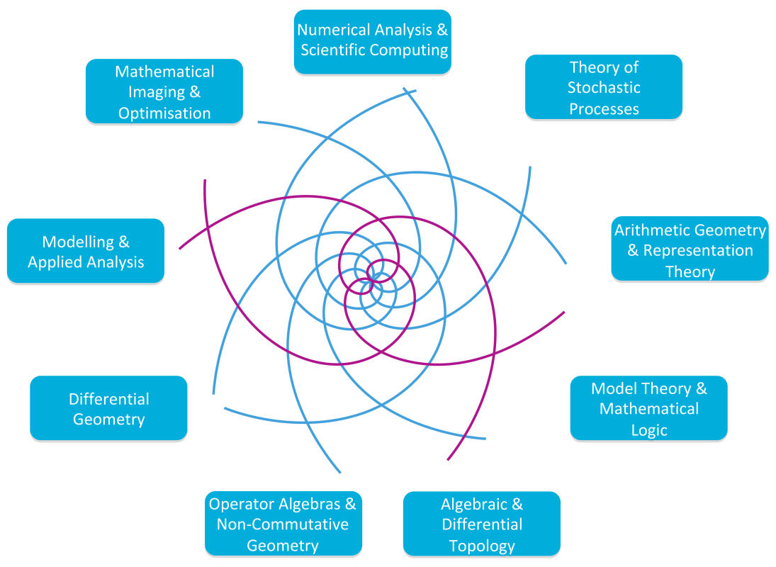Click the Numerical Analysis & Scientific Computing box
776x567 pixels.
point(373,41)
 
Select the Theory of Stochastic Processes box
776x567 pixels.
point(604,87)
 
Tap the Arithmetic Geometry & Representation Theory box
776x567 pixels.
point(690,249)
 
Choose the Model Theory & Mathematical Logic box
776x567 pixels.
point(648,408)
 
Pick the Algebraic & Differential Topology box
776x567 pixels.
point(482,524)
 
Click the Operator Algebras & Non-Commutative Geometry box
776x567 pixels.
point(283,524)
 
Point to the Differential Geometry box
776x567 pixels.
point(108,408)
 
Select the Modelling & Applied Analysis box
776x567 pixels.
point(86,251)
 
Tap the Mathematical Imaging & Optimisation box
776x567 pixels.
point(164,91)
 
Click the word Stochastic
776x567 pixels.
point(604,88)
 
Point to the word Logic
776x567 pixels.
point(648,430)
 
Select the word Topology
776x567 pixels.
point(482,545)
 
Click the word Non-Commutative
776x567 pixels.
point(283,524)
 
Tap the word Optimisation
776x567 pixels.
point(164,113)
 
